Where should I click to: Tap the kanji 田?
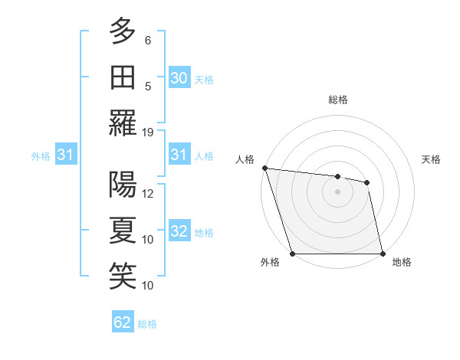(123, 76)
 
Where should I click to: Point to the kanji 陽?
(123, 185)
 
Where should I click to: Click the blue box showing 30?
(179, 78)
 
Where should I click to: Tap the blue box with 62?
(123, 323)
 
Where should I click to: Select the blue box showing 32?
(179, 232)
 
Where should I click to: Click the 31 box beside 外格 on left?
(66, 155)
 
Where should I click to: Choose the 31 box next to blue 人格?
(179, 155)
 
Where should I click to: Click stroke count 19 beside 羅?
(148, 132)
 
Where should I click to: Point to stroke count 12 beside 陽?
(148, 194)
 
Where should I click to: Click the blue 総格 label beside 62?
(147, 324)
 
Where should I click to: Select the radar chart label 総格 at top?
(337, 100)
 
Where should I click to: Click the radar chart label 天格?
(432, 159)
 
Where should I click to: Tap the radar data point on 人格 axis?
(264, 168)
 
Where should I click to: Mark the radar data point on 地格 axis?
(383, 254)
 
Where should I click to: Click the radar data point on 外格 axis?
(292, 254)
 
